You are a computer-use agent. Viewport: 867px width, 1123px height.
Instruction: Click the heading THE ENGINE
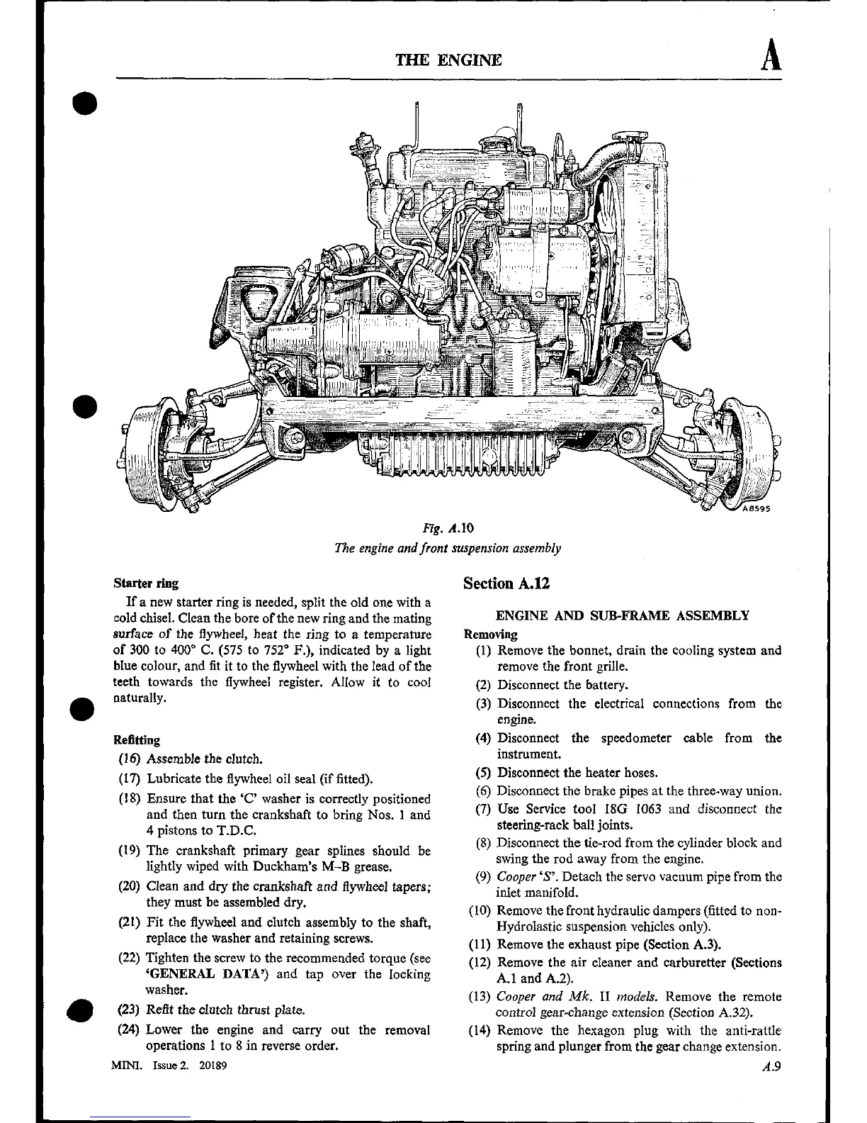[449, 60]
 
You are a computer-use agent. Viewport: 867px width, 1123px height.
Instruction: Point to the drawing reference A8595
[755, 508]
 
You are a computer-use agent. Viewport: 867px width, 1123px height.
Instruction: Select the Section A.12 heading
[506, 583]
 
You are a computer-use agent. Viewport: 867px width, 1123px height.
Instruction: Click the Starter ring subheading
[145, 583]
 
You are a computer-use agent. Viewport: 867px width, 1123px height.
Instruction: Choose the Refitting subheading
[137, 740]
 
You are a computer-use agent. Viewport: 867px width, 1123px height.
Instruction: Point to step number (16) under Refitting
[130, 759]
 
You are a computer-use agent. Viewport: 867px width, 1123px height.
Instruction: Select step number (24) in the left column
[130, 1030]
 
